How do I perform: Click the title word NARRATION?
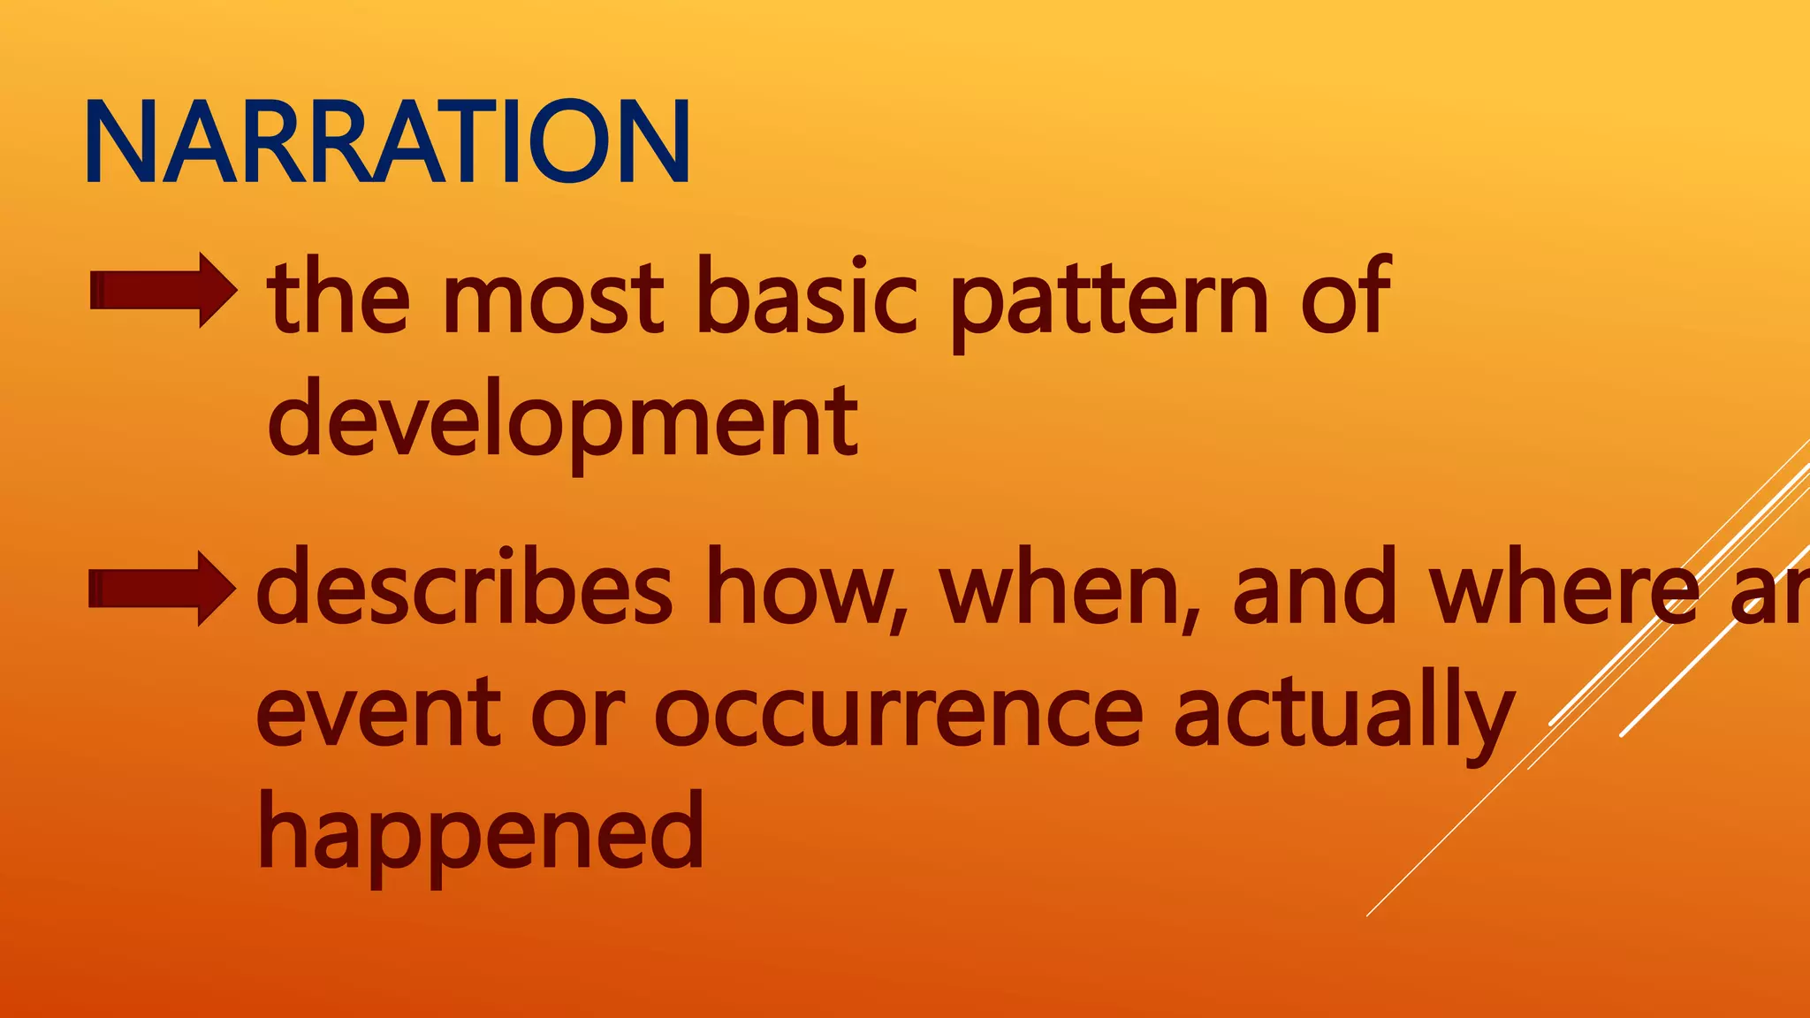[x=387, y=141]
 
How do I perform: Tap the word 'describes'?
[x=464, y=589]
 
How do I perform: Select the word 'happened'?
[x=481, y=835]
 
